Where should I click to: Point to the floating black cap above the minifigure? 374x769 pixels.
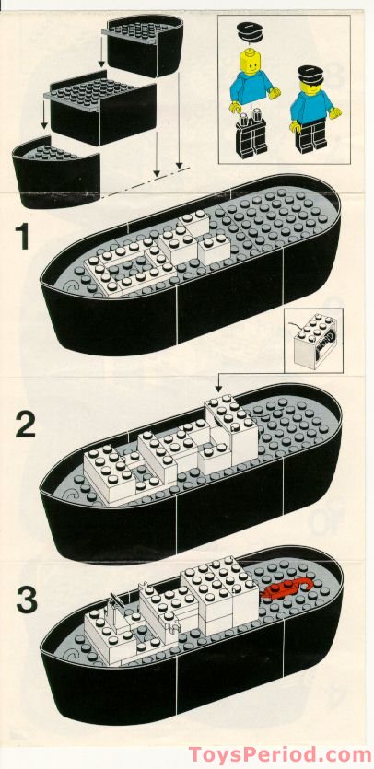pyautogui.click(x=250, y=32)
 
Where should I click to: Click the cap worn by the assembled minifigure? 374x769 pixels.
pyautogui.click(x=310, y=75)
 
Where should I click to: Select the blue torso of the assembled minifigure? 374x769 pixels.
pyautogui.click(x=311, y=107)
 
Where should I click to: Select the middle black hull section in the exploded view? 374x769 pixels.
pyautogui.click(x=99, y=109)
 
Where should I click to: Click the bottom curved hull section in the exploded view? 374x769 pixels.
pyautogui.click(x=56, y=171)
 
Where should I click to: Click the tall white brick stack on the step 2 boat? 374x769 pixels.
pyautogui.click(x=231, y=426)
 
